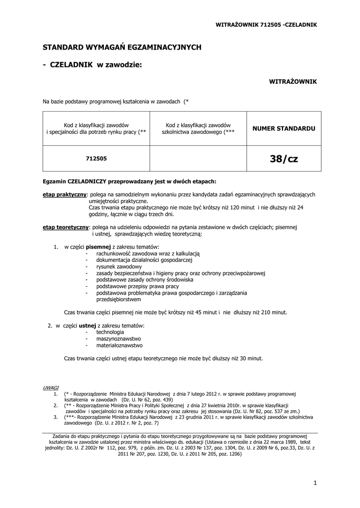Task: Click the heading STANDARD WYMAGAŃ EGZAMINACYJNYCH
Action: coord(122,47)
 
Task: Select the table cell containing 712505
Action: coord(96,158)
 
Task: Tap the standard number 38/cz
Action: coord(284,159)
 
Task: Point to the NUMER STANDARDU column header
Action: coord(284,128)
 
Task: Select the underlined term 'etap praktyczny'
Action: coord(65,195)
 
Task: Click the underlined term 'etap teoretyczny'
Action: coord(66,227)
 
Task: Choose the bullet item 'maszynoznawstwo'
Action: coord(119,338)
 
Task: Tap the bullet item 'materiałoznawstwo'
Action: coord(120,345)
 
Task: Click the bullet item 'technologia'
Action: coord(110,332)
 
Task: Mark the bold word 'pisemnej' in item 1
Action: coord(98,247)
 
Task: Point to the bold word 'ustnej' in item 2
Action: coord(87,325)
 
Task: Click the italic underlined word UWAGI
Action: coord(51,387)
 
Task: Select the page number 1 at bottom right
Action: coord(315,482)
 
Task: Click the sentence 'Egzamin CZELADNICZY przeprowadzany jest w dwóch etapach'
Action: coord(130,182)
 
